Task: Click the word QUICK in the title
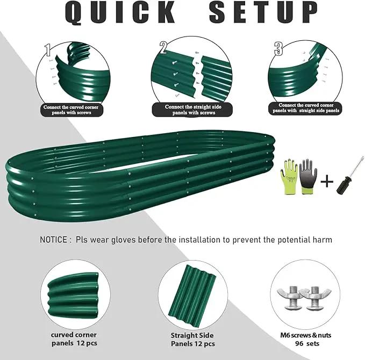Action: click(120, 12)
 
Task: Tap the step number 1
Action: click(48, 49)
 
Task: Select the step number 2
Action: click(163, 48)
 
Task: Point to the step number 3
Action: click(278, 49)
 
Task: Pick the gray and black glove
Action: click(307, 176)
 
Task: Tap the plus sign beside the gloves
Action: click(327, 181)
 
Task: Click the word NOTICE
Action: click(53, 240)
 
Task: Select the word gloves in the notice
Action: click(124, 240)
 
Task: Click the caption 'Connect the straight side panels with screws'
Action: click(193, 110)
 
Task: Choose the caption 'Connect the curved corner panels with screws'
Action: click(71, 110)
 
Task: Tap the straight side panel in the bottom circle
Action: click(192, 294)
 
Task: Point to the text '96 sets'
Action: click(307, 343)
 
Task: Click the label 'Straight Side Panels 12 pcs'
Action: click(192, 340)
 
